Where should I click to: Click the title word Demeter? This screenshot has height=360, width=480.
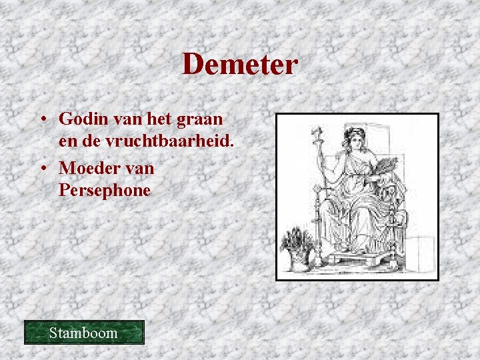(x=240, y=65)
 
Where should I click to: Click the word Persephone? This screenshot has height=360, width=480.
(x=105, y=191)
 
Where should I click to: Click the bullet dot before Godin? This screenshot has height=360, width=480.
(x=42, y=120)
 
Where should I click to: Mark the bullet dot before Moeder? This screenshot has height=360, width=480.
(x=42, y=169)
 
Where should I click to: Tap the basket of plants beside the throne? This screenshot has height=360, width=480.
(x=297, y=247)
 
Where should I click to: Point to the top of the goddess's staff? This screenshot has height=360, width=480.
(x=317, y=131)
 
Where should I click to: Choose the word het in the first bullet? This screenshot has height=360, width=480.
(x=163, y=119)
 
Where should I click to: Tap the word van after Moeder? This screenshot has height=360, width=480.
(x=139, y=168)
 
